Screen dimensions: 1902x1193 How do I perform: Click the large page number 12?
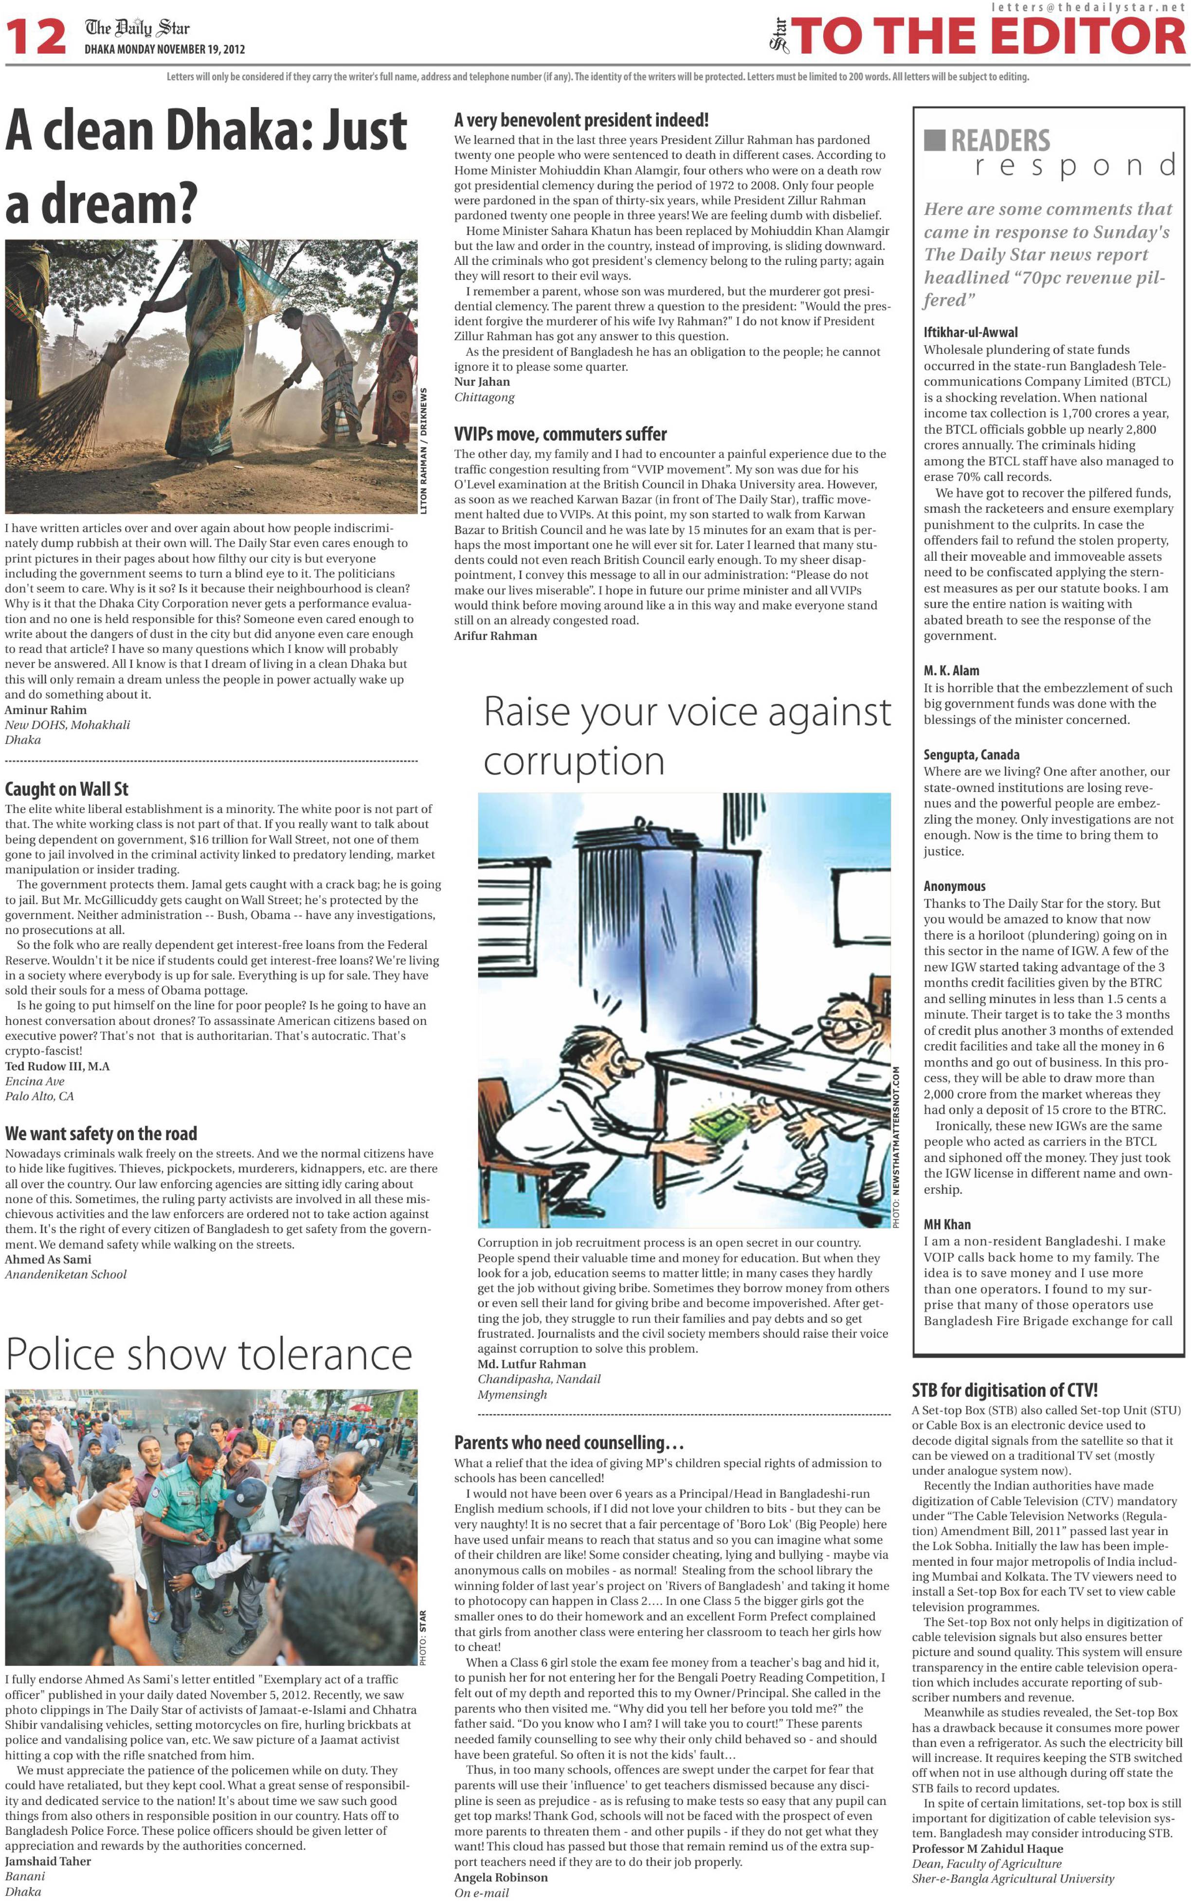coord(36,37)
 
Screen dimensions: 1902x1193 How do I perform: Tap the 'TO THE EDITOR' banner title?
coord(990,37)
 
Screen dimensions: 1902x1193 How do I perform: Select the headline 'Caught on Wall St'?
coord(66,789)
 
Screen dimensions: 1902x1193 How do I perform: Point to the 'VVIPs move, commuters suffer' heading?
coord(560,434)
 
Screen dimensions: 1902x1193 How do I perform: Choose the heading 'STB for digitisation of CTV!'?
coord(1004,1390)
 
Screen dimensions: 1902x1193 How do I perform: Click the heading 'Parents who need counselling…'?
coord(568,1442)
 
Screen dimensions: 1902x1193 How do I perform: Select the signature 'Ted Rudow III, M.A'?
coord(57,1066)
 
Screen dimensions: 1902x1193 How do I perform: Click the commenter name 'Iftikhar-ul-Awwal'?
coord(971,332)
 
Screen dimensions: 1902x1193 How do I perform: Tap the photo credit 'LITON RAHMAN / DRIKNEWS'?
coord(424,451)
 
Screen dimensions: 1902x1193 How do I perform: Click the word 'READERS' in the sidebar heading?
coord(1000,141)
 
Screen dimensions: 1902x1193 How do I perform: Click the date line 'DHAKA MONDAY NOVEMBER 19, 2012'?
coord(165,49)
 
